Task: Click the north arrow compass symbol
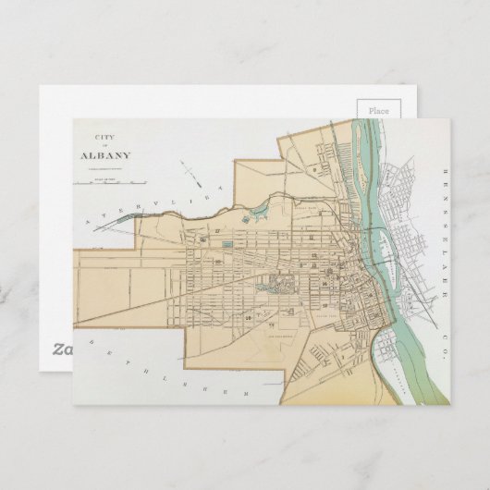[x=190, y=173]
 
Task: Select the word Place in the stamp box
[x=379, y=110]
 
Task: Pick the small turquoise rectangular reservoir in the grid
[x=227, y=244]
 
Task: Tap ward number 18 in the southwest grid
[x=250, y=317]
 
